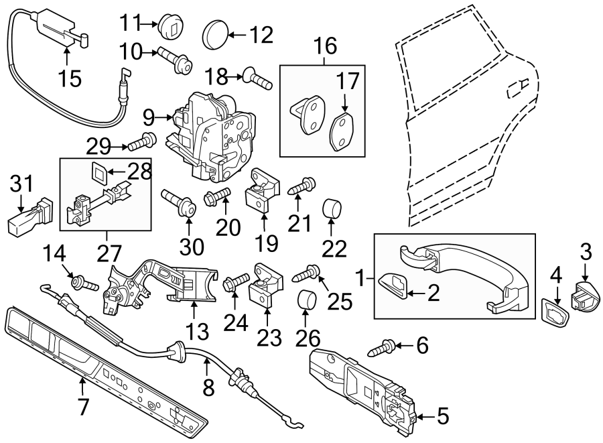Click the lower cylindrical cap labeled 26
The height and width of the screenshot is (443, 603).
(306, 300)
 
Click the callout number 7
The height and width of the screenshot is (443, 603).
(84, 406)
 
